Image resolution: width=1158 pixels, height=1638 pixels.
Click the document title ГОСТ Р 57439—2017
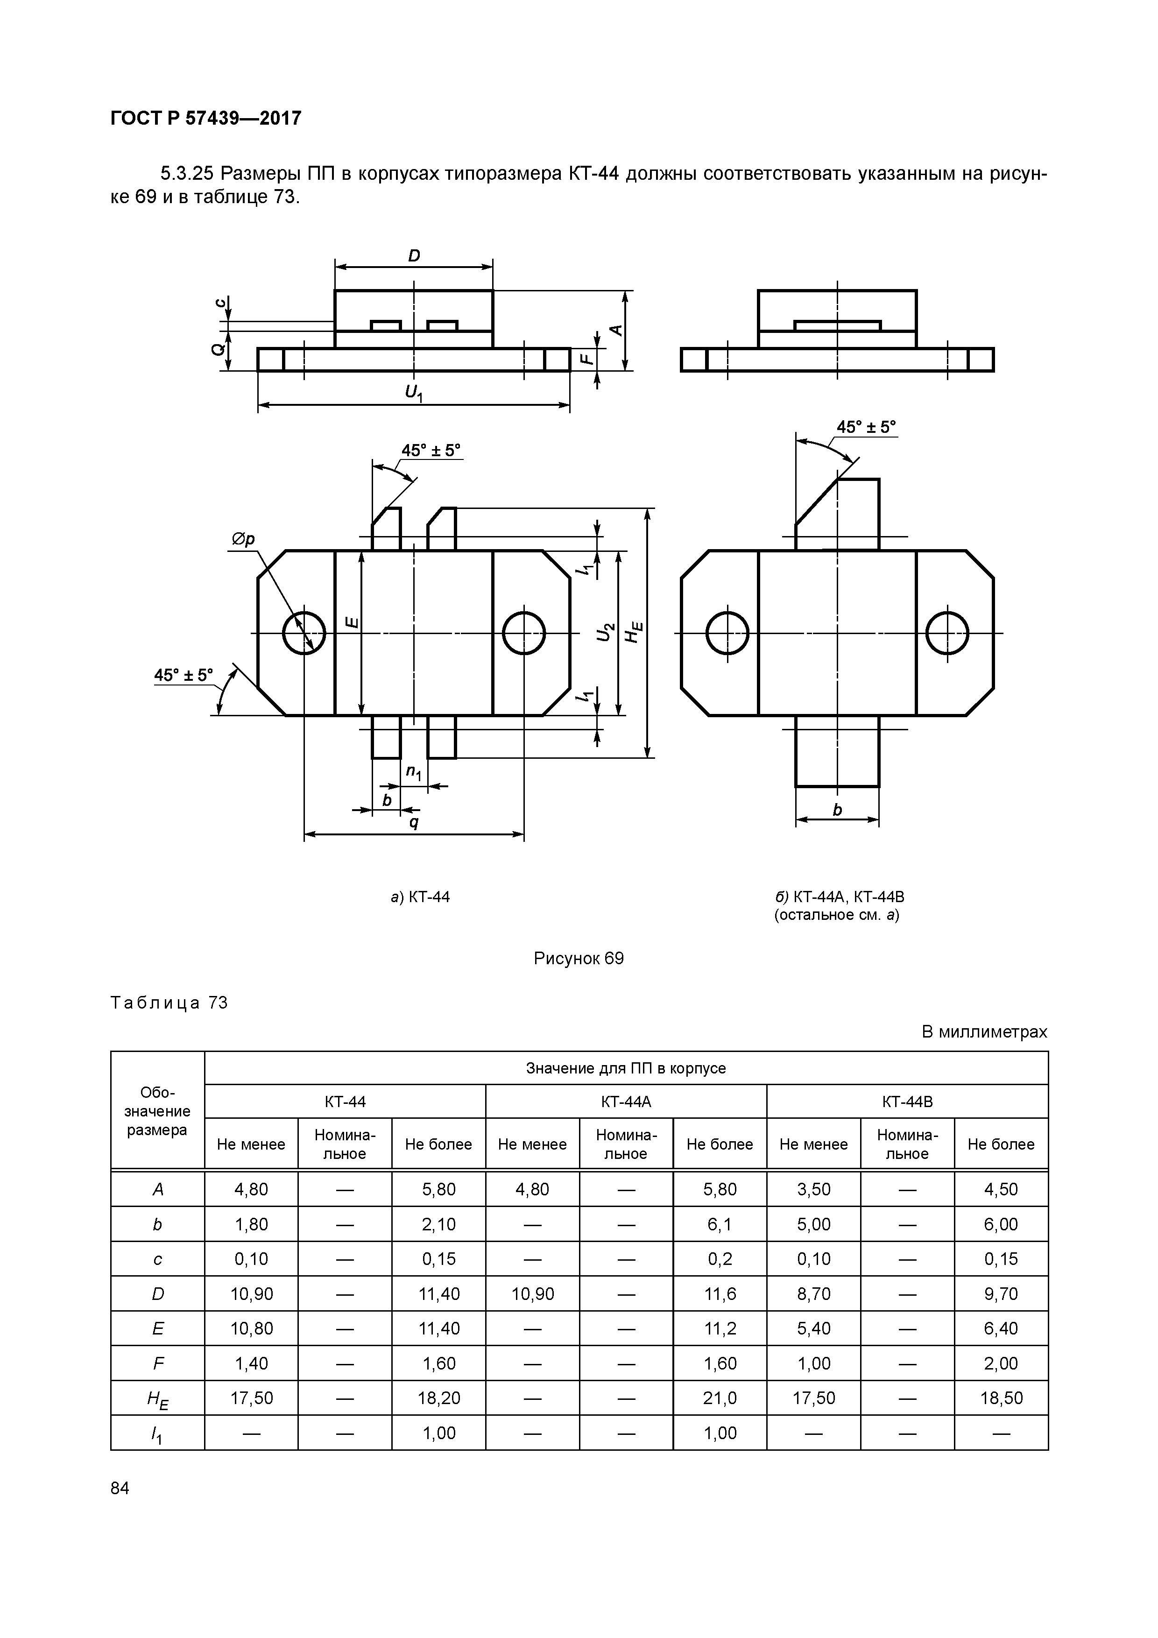206,118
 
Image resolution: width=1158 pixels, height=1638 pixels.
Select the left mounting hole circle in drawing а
304,633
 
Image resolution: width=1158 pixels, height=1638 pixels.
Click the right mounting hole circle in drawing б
947,633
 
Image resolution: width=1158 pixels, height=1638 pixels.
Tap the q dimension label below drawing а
414,821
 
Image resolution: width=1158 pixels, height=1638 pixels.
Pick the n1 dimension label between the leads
414,772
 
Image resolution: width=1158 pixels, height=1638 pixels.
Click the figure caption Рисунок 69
579,958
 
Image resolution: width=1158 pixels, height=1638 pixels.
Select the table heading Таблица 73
169,1003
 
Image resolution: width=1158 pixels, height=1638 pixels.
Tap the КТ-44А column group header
626,1101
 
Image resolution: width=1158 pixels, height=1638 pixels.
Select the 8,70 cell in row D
813,1293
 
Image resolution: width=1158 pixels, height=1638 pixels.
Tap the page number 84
120,1488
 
